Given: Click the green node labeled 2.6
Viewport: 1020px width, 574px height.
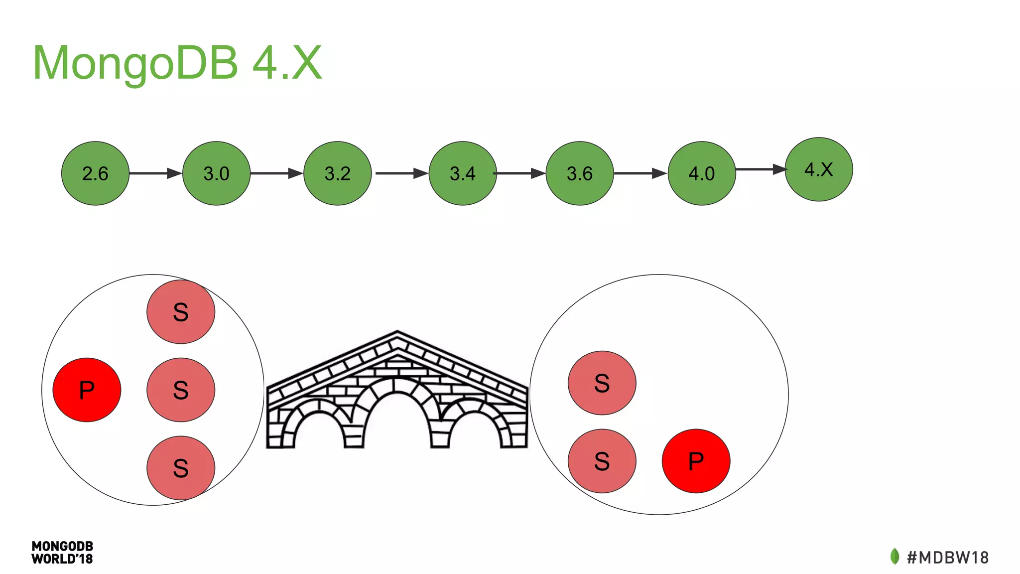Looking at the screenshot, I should point(95,173).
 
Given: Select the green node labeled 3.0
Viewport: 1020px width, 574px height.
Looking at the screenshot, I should point(216,173).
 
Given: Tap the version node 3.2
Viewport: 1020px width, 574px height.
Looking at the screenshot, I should point(338,173).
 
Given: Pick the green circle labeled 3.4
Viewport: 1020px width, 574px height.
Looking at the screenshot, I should point(463,173).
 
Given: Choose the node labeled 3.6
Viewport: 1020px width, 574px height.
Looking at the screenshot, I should point(580,173).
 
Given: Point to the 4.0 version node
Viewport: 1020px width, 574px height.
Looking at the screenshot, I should point(701,173).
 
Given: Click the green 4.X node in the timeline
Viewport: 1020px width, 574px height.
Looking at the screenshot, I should point(819,169).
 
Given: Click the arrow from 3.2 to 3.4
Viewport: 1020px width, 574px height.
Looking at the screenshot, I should point(401,173).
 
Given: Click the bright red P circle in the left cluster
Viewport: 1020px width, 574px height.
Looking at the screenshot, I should point(87,390).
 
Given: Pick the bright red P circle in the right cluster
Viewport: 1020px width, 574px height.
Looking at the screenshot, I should point(696,461).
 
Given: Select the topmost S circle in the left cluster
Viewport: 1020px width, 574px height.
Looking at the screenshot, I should point(181,312).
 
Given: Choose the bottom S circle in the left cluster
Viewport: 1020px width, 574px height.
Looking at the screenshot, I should point(181,468).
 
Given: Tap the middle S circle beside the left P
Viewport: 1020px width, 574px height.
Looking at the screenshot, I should point(181,390).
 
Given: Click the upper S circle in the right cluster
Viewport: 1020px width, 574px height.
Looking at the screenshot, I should point(602,383).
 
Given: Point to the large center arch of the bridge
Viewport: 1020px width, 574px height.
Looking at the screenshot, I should point(397,414).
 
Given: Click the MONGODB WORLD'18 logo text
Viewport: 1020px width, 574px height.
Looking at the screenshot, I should point(62,553).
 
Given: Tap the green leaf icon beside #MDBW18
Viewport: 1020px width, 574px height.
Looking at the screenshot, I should point(894,557).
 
